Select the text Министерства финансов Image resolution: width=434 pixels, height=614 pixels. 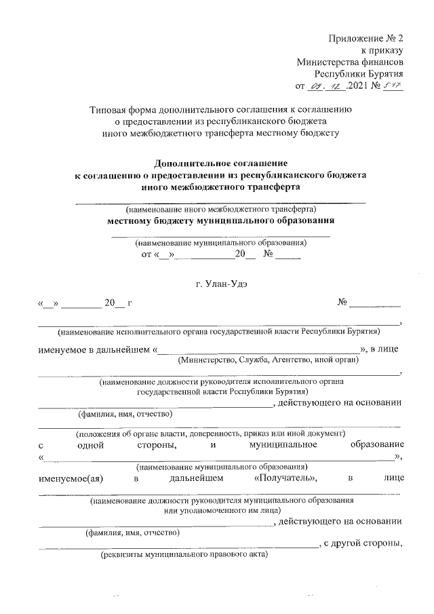(x=351, y=62)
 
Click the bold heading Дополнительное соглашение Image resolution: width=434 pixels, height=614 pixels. (x=220, y=163)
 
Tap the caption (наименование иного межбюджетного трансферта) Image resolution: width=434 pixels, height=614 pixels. (x=220, y=210)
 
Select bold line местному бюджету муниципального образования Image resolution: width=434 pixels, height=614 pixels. (x=220, y=221)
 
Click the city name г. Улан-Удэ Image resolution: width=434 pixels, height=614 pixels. (x=220, y=284)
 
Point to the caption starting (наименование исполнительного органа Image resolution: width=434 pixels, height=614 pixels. (x=219, y=332)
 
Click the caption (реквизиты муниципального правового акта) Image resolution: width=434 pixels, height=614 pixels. (x=183, y=555)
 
